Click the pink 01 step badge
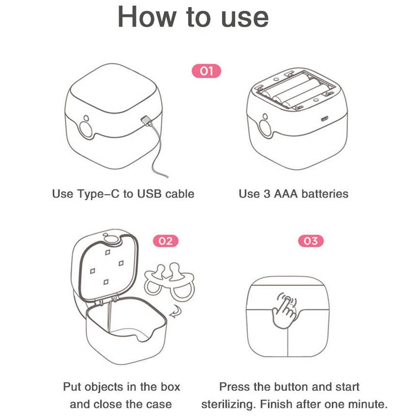[206, 71]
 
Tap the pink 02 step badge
[166, 241]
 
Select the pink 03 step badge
[311, 241]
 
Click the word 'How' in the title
[146, 17]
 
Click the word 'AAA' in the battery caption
[286, 194]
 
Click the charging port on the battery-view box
[324, 119]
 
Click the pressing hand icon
[285, 311]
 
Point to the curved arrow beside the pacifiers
[176, 312]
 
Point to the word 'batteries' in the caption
[325, 194]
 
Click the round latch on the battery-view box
[265, 127]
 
